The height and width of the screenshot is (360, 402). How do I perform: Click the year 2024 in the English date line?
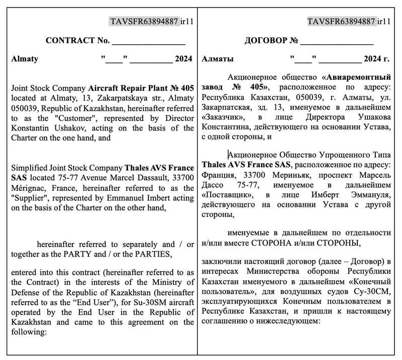coord(183,59)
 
